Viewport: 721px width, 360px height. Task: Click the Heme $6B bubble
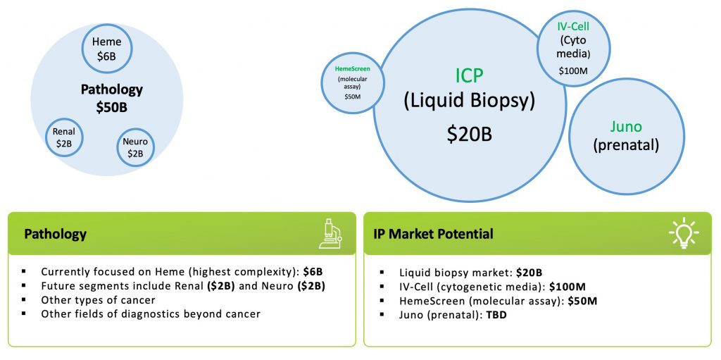coord(107,49)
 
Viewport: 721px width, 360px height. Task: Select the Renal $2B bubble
coord(64,137)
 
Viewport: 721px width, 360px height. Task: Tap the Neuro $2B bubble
coord(135,147)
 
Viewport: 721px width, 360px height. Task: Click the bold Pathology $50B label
coord(112,98)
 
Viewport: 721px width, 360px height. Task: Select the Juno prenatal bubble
coord(626,136)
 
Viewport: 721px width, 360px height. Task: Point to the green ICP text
coord(470,76)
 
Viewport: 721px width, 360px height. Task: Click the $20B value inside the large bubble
coord(470,133)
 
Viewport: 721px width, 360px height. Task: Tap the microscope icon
coord(330,234)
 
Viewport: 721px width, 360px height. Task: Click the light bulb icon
coord(684,233)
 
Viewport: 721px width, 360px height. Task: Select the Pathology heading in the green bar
coord(55,234)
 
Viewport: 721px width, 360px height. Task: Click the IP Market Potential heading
coord(433,234)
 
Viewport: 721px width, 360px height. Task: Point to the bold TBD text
coord(496,316)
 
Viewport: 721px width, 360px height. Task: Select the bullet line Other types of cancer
coord(98,300)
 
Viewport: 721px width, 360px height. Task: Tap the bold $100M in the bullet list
coord(568,286)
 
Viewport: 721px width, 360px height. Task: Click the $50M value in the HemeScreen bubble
coord(352,97)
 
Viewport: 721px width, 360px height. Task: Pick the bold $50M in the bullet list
coord(582,301)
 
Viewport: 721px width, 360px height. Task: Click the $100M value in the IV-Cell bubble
coord(573,71)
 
